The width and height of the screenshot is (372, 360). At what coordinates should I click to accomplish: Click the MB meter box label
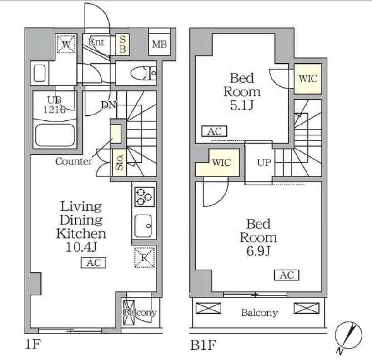[160, 45]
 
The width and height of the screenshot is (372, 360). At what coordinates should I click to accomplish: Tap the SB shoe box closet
[122, 45]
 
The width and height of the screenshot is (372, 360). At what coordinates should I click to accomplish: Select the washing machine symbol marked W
[66, 44]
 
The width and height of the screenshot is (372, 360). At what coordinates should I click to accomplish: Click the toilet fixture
[144, 73]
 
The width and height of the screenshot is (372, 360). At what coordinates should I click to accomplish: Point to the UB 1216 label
[54, 105]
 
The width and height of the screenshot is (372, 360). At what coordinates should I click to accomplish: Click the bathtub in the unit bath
[55, 135]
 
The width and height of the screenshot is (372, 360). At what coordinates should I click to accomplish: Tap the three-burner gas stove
[144, 197]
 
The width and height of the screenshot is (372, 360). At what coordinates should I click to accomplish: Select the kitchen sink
[143, 226]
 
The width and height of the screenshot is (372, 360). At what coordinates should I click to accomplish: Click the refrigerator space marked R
[144, 257]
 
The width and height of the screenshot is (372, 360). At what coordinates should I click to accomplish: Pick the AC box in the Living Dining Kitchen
[94, 263]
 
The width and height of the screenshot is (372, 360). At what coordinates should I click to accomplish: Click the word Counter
[74, 161]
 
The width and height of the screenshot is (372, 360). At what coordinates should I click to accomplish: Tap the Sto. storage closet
[120, 163]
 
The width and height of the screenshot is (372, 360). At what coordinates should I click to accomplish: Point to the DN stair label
[108, 105]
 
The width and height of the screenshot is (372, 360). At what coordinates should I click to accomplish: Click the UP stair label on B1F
[264, 163]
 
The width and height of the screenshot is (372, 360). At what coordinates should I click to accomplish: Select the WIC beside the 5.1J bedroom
[308, 79]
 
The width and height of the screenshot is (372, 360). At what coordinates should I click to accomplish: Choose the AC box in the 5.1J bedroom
[215, 131]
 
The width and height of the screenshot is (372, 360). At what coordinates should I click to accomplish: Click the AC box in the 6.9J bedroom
[287, 275]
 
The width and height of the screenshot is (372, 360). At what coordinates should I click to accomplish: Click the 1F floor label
[33, 344]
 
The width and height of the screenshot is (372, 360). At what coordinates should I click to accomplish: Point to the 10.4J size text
[81, 247]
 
